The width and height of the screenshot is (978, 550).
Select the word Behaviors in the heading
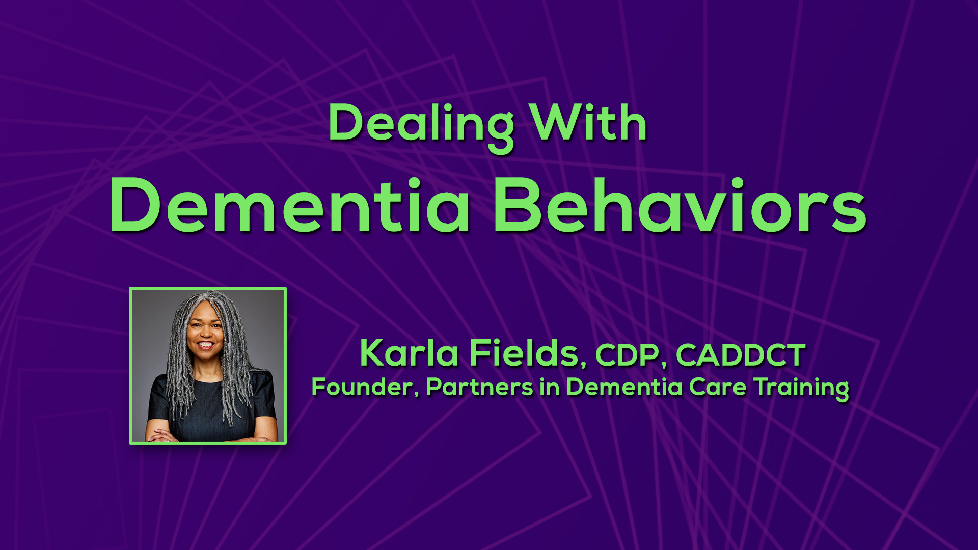[680, 205]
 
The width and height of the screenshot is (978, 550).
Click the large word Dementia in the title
[290, 205]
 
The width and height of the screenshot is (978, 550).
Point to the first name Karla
[409, 352]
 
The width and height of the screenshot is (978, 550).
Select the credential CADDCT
[741, 354]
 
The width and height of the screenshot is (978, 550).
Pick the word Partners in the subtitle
[479, 387]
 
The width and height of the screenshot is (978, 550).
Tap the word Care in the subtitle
[718, 387]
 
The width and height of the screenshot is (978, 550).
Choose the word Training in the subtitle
[801, 389]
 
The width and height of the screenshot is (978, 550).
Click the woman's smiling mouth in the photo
[205, 345]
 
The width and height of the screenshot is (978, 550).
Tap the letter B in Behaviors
[515, 205]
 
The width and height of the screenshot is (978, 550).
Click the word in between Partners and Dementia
[550, 387]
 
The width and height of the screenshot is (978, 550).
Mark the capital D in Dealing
[347, 122]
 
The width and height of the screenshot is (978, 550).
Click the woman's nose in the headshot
[205, 332]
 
